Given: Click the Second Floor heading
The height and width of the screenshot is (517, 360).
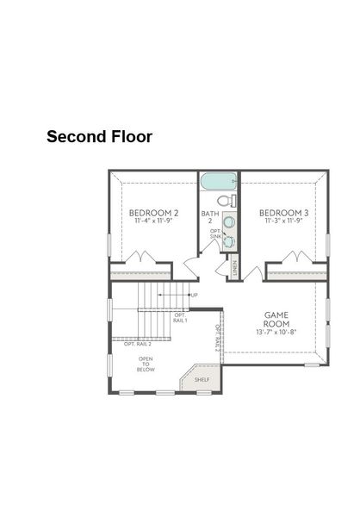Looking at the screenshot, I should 99,136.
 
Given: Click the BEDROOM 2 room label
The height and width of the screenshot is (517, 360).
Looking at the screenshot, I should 154,212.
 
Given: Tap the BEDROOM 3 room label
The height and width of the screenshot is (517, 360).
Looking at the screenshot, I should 282,212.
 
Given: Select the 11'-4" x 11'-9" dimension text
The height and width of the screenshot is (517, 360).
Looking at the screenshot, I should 154,221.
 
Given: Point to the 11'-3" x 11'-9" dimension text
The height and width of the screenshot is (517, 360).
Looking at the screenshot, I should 282,221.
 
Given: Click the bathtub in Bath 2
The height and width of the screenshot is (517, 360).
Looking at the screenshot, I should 220,184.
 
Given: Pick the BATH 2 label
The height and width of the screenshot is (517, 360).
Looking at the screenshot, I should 209,217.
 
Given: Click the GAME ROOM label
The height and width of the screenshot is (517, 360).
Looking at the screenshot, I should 276,318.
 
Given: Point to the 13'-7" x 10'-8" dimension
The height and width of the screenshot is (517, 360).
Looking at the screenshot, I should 276,332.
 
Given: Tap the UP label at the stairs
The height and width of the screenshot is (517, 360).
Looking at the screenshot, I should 195,296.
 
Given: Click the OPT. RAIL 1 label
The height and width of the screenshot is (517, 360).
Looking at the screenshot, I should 180,318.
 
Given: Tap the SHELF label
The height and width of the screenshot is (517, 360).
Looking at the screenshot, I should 202,378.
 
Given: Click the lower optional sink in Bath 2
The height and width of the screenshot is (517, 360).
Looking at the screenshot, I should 228,242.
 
